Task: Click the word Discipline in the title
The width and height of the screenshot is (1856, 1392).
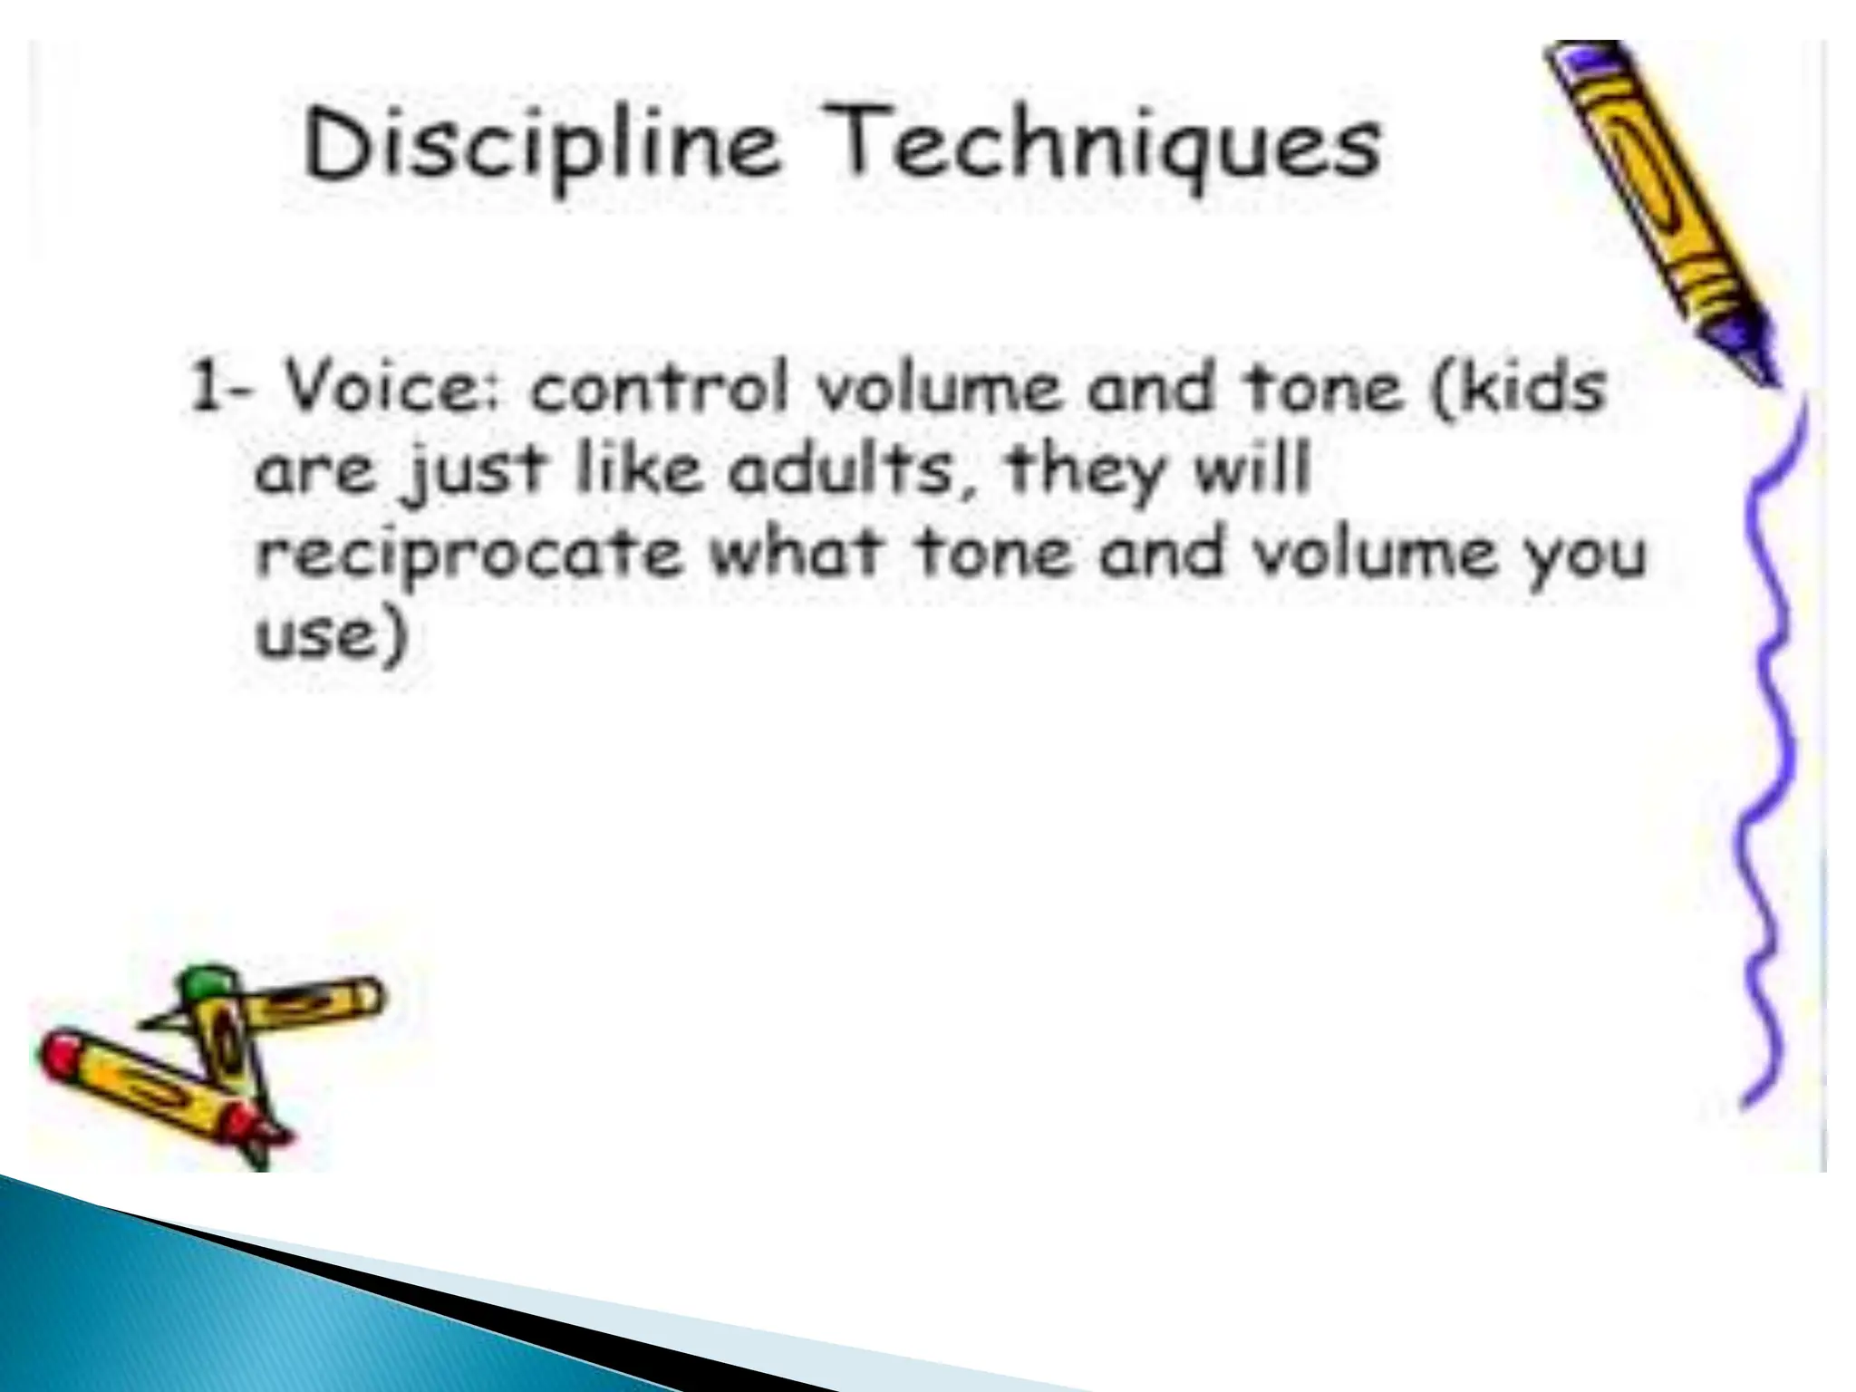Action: (x=541, y=146)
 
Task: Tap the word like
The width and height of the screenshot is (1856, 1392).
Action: (x=639, y=469)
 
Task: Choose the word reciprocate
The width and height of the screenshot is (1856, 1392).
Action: (x=468, y=554)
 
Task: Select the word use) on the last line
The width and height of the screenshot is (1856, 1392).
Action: (x=332, y=634)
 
